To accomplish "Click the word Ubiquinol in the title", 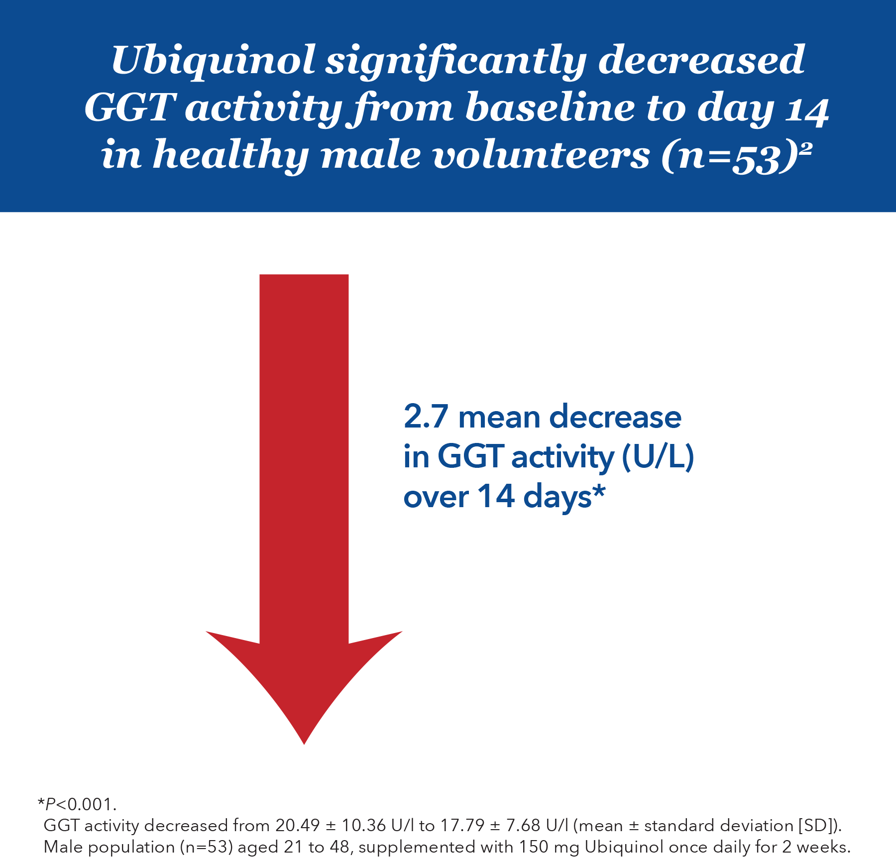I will click(x=213, y=61).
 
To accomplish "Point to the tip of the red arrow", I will click(x=304, y=742).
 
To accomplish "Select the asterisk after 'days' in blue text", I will click(x=599, y=493).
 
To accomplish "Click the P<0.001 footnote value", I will click(x=80, y=804).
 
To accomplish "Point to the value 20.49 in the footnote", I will click(x=297, y=826).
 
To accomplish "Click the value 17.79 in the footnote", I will click(x=462, y=826).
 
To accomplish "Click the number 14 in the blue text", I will click(x=496, y=497).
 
